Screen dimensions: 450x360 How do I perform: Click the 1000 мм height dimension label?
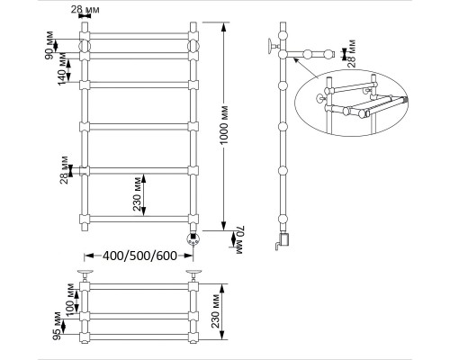(x=225, y=124)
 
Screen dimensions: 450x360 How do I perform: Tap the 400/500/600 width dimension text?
(x=139, y=256)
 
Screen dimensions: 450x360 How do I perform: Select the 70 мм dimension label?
(x=241, y=240)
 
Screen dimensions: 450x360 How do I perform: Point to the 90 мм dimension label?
(x=49, y=45)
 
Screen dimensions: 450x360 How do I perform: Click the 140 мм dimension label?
(x=62, y=68)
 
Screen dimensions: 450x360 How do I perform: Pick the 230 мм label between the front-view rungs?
(x=137, y=194)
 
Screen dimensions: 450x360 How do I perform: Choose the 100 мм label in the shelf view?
(x=70, y=300)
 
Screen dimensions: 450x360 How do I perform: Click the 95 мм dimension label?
(x=57, y=326)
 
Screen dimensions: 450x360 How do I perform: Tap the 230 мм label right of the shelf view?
(x=215, y=311)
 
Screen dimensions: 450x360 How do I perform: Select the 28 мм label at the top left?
(x=85, y=10)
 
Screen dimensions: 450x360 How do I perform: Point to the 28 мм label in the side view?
(x=352, y=53)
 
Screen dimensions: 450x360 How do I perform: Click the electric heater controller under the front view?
(x=193, y=238)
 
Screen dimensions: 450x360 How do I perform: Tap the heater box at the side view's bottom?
(x=283, y=239)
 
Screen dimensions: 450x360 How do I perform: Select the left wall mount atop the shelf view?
(x=85, y=274)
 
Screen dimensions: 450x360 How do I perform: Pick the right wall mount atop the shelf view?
(x=193, y=274)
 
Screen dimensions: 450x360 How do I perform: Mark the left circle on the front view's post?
(x=85, y=46)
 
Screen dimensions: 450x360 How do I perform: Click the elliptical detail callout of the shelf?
(x=352, y=103)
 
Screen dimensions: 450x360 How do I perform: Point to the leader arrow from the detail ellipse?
(x=305, y=67)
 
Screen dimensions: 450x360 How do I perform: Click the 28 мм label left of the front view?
(x=64, y=170)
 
